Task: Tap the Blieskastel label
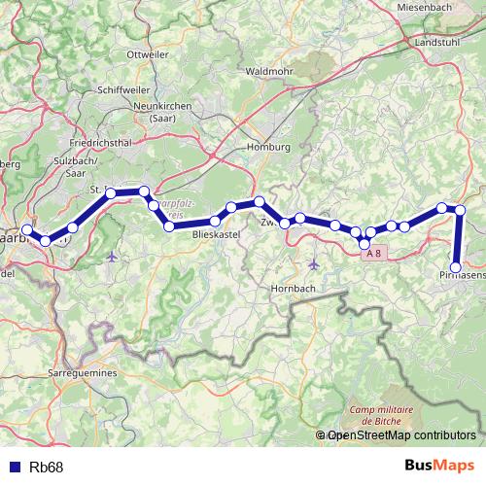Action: (215, 234)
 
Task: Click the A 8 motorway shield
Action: (372, 253)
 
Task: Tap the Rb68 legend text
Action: (47, 468)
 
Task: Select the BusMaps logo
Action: (446, 467)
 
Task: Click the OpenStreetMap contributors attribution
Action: (400, 436)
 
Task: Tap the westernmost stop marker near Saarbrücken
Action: (28, 230)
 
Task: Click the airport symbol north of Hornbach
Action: (313, 264)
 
